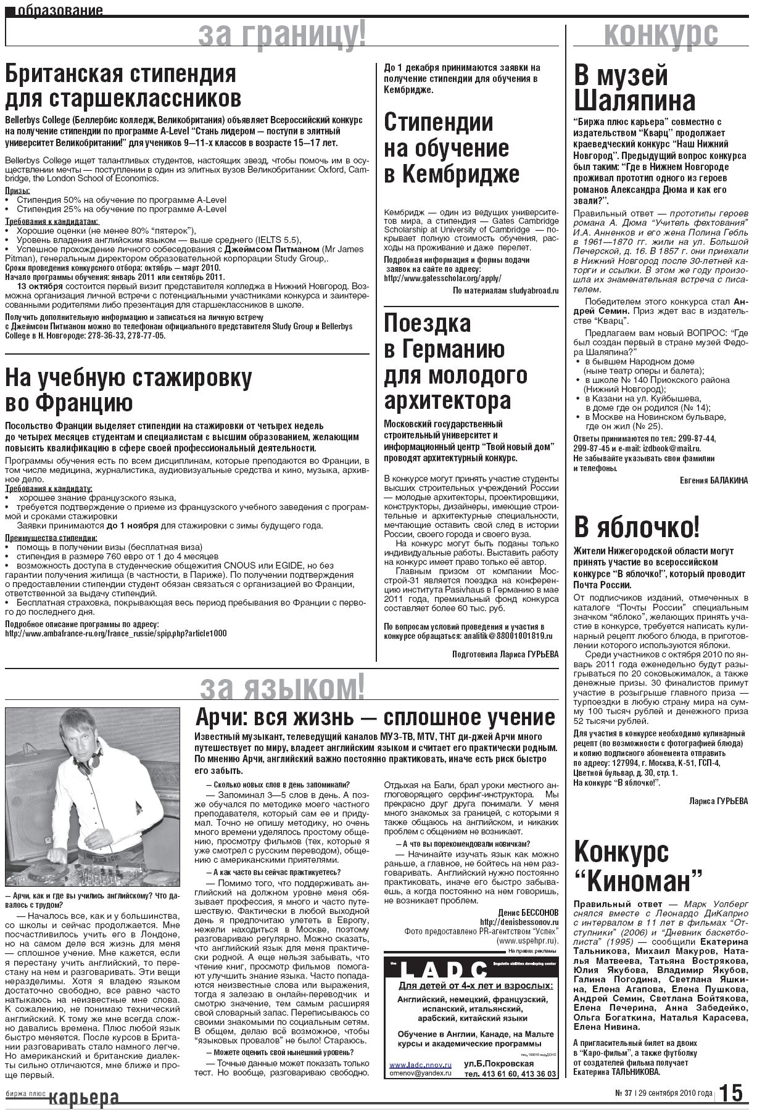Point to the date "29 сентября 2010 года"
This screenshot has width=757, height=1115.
coord(677,1093)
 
